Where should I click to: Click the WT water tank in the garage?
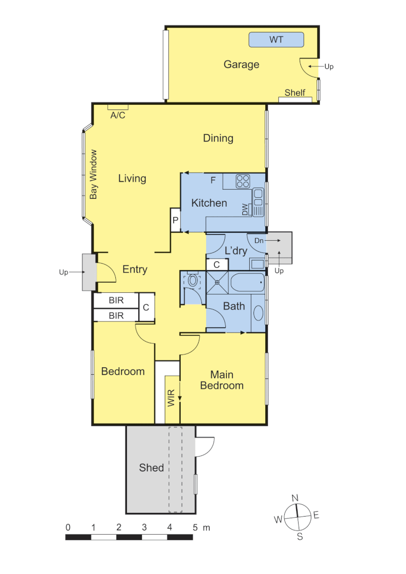click(276, 40)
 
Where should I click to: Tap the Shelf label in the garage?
click(295, 92)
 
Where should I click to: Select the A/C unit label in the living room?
click(117, 115)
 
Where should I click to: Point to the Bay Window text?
click(94, 174)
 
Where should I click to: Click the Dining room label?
click(218, 138)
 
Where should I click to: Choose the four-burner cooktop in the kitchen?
click(243, 181)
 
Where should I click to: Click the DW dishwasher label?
click(245, 210)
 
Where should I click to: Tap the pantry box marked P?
click(175, 220)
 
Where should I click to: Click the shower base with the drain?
click(217, 282)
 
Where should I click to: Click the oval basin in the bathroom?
click(258, 313)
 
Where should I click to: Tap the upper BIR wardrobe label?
click(116, 300)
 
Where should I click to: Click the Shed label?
click(151, 468)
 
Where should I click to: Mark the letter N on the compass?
click(295, 497)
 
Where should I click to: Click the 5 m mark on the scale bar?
click(195, 527)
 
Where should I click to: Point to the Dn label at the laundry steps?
click(259, 241)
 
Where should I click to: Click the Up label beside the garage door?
click(329, 66)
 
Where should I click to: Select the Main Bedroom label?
click(222, 380)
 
